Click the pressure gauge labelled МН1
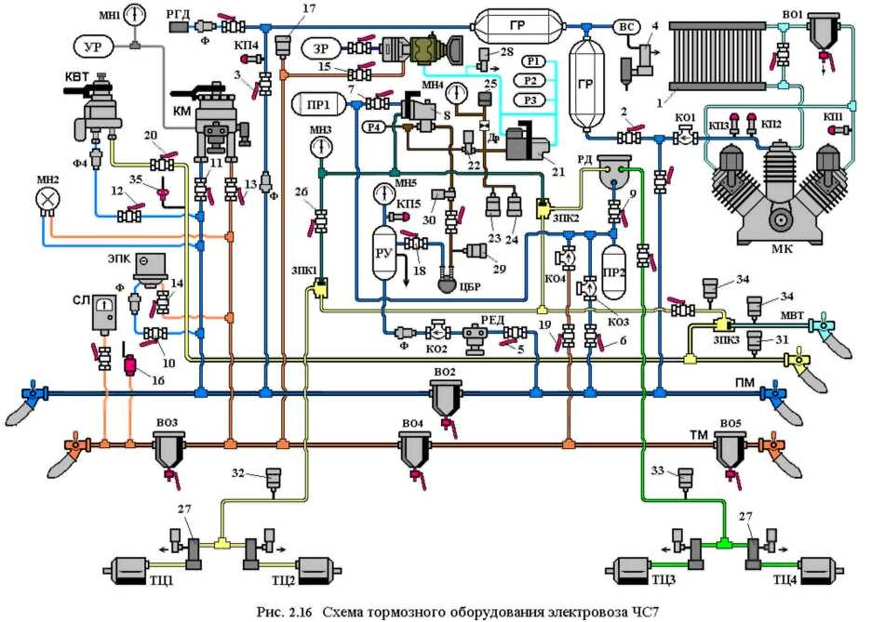[x=135, y=17]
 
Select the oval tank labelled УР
[x=92, y=46]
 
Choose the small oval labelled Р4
[x=374, y=127]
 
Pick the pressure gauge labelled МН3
[x=322, y=146]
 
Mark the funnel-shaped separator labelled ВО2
[x=446, y=401]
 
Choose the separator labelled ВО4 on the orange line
[x=414, y=451]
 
